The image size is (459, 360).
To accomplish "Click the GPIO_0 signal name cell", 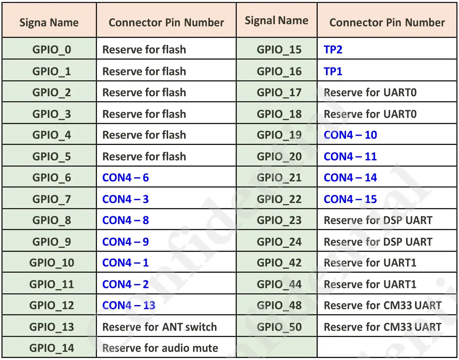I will [x=52, y=49].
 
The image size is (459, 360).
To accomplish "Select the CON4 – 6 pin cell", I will [x=125, y=178].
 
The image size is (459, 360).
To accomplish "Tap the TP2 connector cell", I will [x=333, y=49].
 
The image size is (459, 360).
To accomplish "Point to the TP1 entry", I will [x=333, y=71].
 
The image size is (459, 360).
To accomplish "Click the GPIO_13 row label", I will [x=52, y=327].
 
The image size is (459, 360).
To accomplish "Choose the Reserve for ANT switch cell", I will [x=159, y=327].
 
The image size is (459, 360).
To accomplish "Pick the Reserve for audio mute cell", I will [x=160, y=348].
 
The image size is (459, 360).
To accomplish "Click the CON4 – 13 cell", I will [x=129, y=305].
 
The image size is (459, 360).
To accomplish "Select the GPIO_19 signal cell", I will [x=279, y=135].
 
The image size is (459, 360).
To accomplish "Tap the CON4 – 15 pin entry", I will [x=350, y=199].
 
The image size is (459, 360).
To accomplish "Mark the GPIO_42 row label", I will [x=279, y=263].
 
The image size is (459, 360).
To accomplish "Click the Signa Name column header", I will [x=49, y=23].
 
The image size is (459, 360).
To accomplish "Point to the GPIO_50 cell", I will [x=279, y=327].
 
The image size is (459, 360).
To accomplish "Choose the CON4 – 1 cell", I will [x=125, y=263].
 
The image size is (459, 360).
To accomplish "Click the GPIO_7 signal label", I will [x=52, y=199].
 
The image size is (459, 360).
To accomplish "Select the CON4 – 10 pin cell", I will [x=350, y=135].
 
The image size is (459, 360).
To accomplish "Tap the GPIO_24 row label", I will [x=279, y=242].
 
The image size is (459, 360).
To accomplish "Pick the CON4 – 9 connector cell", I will [x=125, y=242].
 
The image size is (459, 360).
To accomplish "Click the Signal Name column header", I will [x=276, y=21].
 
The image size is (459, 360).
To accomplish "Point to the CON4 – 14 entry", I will [x=350, y=178].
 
